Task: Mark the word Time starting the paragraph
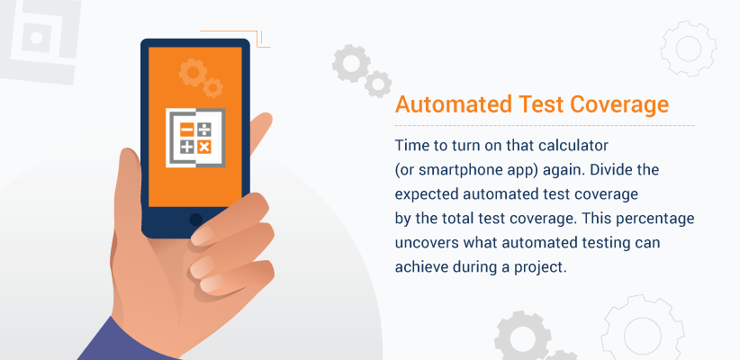click(x=411, y=145)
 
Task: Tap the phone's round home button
click(x=195, y=219)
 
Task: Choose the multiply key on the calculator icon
click(x=204, y=147)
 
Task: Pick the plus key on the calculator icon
click(x=185, y=147)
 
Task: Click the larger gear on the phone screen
click(x=192, y=70)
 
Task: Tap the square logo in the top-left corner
click(x=39, y=39)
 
